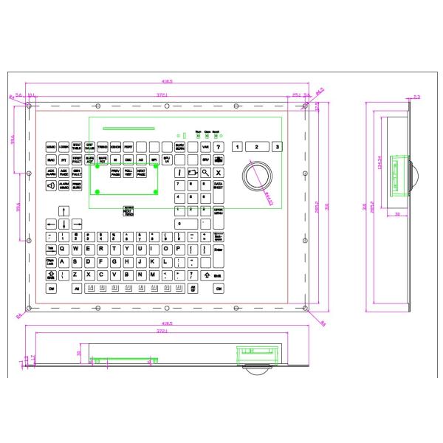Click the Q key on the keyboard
click(63, 249)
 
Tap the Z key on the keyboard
click(75, 275)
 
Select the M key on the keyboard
click(152, 275)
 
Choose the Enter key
click(217, 251)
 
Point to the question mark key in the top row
click(219, 147)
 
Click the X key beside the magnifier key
click(218, 172)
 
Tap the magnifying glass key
click(205, 172)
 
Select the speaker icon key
click(51, 185)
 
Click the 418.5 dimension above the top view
click(168, 80)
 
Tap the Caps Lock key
click(51, 262)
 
